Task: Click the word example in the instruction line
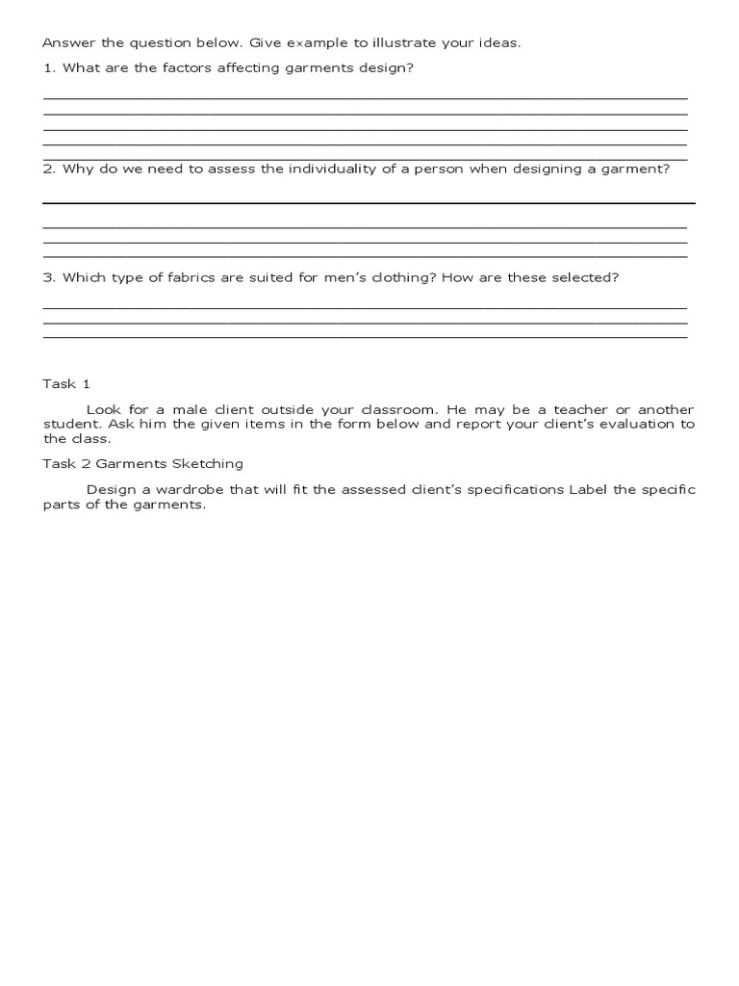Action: pyautogui.click(x=302, y=44)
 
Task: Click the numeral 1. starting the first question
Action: pyautogui.click(x=49, y=68)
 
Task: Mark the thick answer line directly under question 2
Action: pyautogui.click(x=369, y=203)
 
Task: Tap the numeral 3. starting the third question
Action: pyautogui.click(x=49, y=277)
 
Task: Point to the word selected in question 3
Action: pyautogui.click(x=582, y=277)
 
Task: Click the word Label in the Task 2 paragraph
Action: pyautogui.click(x=588, y=489)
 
